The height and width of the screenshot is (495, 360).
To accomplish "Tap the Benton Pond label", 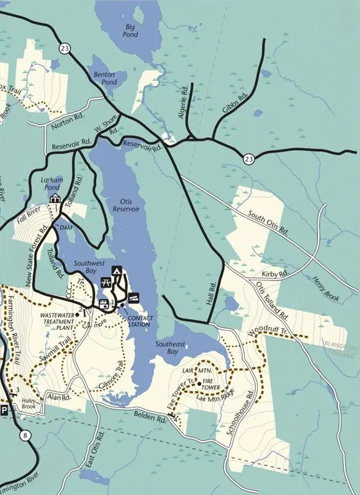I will pyautogui.click(x=104, y=79).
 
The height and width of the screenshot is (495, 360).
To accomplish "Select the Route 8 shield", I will pyautogui.click(x=25, y=436).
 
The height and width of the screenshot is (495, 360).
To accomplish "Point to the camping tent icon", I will pyautogui.click(x=117, y=271).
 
